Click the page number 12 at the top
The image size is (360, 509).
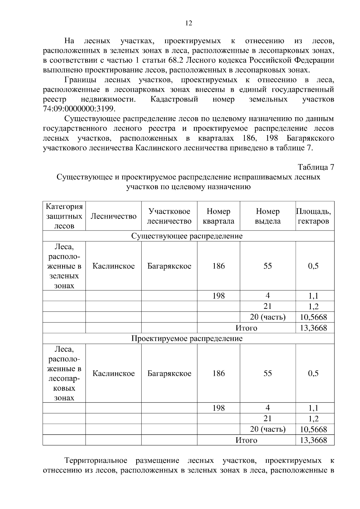coord(189,23)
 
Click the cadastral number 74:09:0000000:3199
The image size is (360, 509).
coord(79,109)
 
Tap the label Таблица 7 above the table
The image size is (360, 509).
coord(316,167)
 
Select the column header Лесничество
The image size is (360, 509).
coord(113,216)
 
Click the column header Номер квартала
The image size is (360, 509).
coord(218,216)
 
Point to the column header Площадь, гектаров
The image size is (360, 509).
coord(313,216)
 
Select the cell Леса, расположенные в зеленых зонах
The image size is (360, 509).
coord(64,266)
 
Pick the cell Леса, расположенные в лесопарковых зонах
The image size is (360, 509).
coord(64,373)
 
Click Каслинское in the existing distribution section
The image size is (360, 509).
coord(113,266)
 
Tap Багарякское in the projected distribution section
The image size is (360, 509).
coord(169,374)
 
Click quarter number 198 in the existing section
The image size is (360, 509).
coord(218,296)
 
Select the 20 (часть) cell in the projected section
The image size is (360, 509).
coord(268,429)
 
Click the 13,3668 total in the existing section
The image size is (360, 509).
coord(313,328)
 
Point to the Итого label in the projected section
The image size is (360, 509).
coord(246,440)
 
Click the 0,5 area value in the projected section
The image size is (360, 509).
coord(313,374)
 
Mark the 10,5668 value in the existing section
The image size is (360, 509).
coord(313,317)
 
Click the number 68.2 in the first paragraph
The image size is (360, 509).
coord(176,60)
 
